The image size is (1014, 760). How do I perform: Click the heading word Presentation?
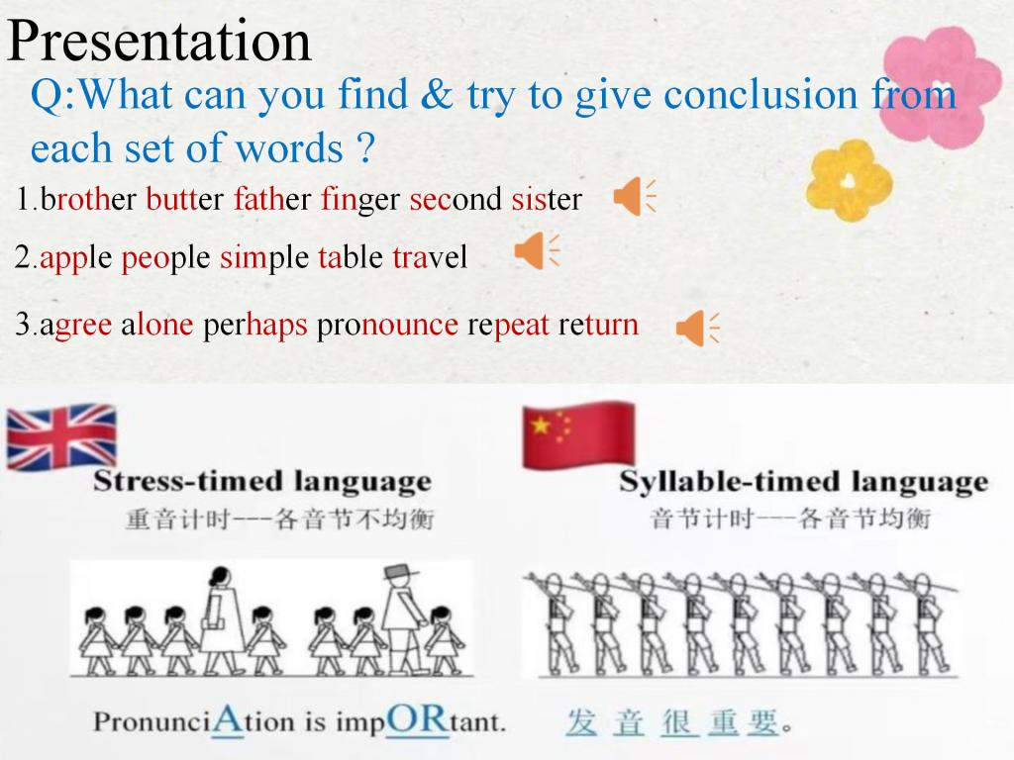coord(159,40)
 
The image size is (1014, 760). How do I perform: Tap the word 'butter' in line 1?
coord(184,199)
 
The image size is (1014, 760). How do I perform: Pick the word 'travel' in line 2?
coord(430,257)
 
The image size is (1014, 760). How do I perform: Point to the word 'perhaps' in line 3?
coord(255,326)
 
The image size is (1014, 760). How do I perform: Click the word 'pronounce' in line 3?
coord(387,326)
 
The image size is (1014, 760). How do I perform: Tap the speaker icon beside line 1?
coord(635,197)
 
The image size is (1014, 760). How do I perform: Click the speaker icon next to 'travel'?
coord(536,250)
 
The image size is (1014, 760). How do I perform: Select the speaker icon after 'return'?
coord(697,328)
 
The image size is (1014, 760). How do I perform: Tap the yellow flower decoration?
coord(849,180)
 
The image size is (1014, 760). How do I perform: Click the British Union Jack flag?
coord(61,436)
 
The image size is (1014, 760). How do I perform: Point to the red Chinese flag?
coord(578,435)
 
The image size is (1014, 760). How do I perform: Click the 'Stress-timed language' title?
coord(261,482)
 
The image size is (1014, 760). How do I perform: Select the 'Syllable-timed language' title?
coord(803,483)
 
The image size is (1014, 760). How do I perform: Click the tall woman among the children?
coord(221,618)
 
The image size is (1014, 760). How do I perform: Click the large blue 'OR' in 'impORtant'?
coord(417,719)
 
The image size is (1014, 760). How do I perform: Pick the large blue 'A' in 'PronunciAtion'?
coord(228,719)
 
